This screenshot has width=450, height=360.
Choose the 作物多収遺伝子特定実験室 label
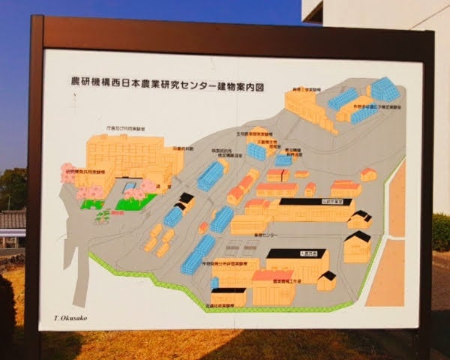(379, 107)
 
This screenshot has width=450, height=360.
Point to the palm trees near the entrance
(102, 217)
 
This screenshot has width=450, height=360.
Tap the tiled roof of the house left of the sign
(13, 219)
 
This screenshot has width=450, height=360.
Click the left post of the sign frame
(34, 187)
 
